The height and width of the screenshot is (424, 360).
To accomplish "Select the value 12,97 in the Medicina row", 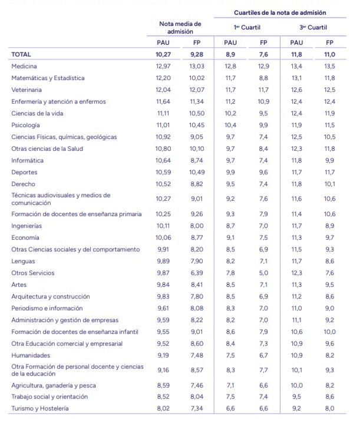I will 163,67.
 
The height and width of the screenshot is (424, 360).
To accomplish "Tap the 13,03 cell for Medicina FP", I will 197,67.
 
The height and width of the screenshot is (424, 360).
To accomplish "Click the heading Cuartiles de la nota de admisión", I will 280,12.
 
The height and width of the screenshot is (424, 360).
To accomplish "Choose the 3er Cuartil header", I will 313,27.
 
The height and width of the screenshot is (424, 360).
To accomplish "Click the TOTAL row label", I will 21,54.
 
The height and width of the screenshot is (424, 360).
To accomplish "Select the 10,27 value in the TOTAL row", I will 163,54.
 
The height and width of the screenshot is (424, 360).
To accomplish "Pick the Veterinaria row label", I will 27,90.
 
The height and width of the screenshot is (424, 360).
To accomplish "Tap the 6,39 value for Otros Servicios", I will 197,273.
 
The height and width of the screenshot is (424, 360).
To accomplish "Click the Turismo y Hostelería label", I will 40,408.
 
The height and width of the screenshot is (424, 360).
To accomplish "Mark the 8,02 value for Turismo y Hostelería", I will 163,408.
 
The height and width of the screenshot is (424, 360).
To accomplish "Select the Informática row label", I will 27,161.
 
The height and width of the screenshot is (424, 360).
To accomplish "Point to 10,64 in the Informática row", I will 163,161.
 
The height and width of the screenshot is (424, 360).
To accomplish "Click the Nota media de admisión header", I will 180,28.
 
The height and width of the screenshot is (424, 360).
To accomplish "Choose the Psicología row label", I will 26,125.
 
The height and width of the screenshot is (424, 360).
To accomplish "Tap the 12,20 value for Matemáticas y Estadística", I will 163,78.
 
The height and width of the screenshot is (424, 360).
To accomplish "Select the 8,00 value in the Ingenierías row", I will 197,226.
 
